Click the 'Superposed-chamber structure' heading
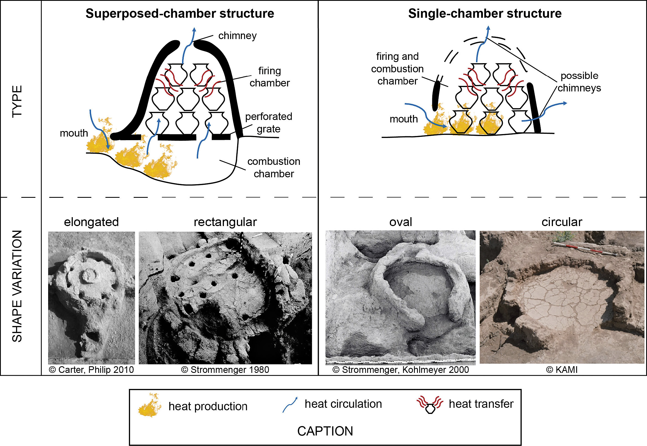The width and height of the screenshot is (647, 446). pos(180,13)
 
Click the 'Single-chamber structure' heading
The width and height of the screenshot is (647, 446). pos(485,13)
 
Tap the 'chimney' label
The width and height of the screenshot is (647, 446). pos(237,36)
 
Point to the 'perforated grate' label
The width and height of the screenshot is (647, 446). pos(268,123)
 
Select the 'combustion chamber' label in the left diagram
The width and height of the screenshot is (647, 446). pos(273,167)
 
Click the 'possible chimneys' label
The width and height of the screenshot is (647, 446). pos(579,82)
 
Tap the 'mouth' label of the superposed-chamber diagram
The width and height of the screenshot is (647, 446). pos(74,133)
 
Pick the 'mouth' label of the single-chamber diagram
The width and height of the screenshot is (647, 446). pos(403,119)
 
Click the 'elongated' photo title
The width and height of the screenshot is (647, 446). pos(91,222)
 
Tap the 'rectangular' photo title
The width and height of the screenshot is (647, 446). pos(225,222)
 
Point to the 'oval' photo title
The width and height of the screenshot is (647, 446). pos(400,222)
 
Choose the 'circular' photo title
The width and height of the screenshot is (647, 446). pos(561,222)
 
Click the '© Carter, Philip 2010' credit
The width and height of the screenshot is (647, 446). pos(91,370)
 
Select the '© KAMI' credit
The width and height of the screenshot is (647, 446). pos(561,370)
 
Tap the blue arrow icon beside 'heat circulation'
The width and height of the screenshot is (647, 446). pos(290,405)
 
